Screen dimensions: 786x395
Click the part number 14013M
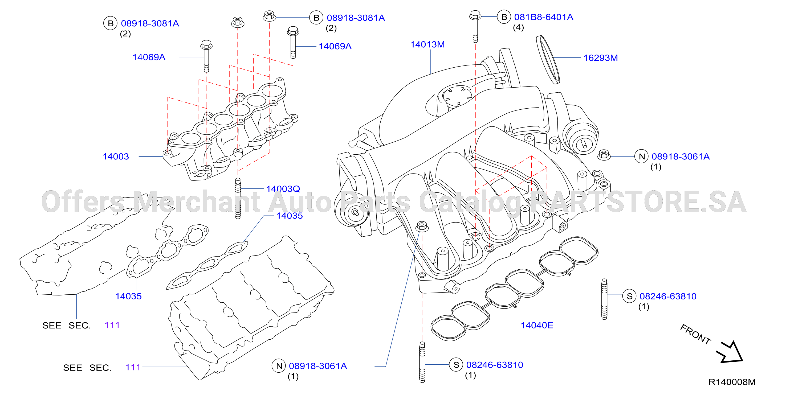pyautogui.click(x=427, y=44)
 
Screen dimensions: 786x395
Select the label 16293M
pyautogui.click(x=600, y=58)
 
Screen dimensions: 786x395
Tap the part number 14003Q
pyautogui.click(x=283, y=189)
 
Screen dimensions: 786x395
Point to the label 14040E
pyautogui.click(x=537, y=325)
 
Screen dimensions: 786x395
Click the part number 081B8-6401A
pyautogui.click(x=543, y=17)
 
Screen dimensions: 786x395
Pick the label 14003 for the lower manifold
pyautogui.click(x=116, y=157)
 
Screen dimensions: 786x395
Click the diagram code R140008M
pyautogui.click(x=732, y=382)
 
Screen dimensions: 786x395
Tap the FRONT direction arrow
pyautogui.click(x=730, y=352)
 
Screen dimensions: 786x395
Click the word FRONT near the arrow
pyautogui.click(x=695, y=334)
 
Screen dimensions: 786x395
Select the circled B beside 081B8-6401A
pyautogui.click(x=504, y=17)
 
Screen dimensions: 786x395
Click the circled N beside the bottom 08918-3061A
pyautogui.click(x=279, y=366)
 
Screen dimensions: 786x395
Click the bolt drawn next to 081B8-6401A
pyautogui.click(x=475, y=27)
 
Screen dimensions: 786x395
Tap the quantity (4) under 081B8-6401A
pyautogui.click(x=518, y=27)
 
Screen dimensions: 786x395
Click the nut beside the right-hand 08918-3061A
pyautogui.click(x=604, y=155)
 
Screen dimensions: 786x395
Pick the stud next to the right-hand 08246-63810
pyautogui.click(x=604, y=299)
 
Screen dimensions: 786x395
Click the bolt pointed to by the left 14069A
pyautogui.click(x=206, y=56)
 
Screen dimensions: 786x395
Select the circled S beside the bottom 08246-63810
pyautogui.click(x=456, y=365)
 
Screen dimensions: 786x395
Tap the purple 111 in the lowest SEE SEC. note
pyautogui.click(x=133, y=367)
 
